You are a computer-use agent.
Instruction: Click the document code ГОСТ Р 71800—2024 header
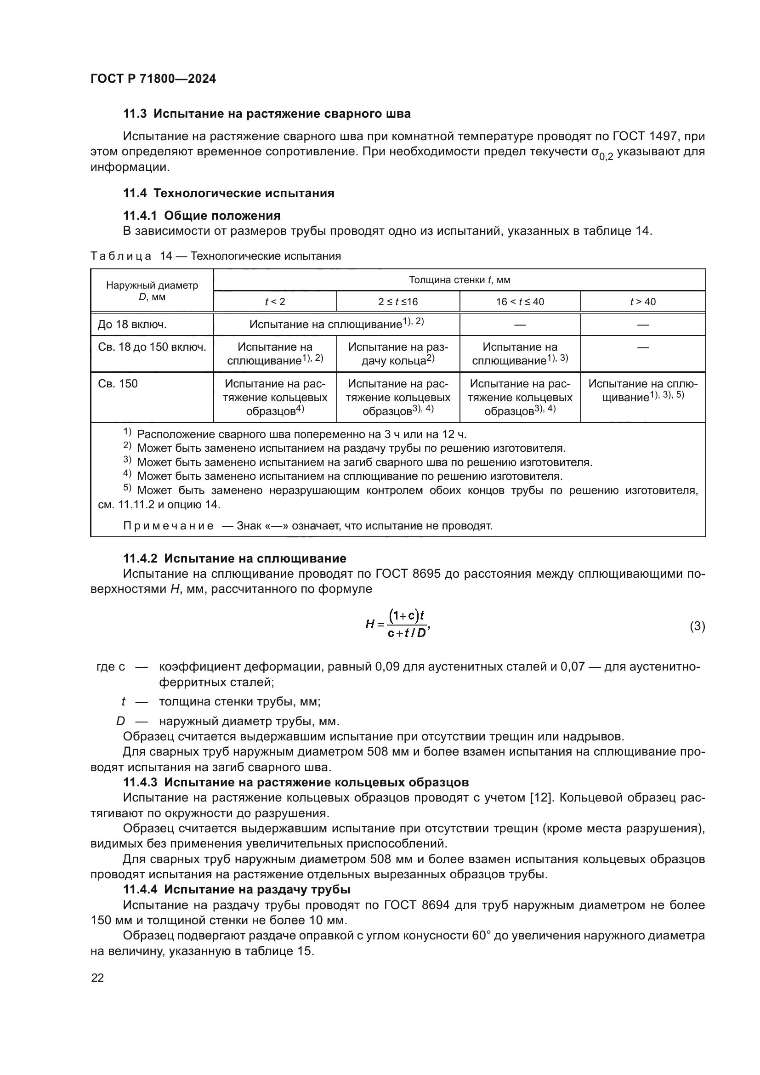click(153, 79)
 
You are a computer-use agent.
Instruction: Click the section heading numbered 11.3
click(267, 114)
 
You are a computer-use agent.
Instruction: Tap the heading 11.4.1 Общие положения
click(202, 216)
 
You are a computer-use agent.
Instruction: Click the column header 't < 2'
click(275, 301)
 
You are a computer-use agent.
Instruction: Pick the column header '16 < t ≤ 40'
click(520, 301)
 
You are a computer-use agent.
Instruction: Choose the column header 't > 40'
click(642, 301)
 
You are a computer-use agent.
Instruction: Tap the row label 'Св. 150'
click(118, 384)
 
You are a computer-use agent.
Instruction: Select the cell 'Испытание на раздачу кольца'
click(398, 353)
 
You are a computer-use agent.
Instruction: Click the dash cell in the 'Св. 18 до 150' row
click(642, 347)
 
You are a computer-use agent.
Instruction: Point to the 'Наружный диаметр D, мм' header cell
click(152, 291)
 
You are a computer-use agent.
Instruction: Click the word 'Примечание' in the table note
click(169, 526)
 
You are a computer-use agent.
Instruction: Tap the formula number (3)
click(697, 626)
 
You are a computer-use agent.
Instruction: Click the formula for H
click(397, 625)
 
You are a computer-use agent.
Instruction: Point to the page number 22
click(97, 978)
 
